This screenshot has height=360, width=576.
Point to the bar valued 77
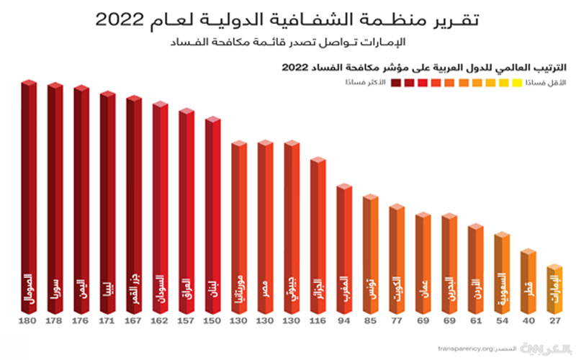click(397, 259)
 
